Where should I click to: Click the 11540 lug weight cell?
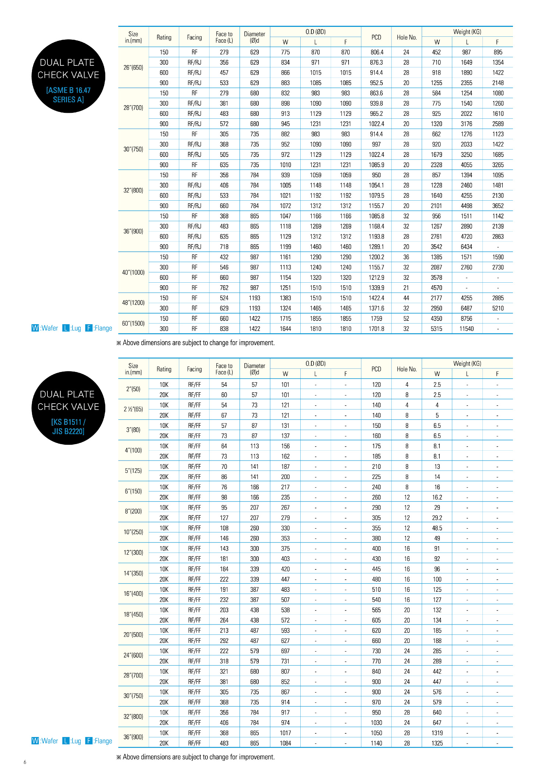[x=467, y=329]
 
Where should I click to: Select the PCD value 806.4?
[x=376, y=52]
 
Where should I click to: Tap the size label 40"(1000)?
[x=133, y=272]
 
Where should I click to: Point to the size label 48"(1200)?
[x=133, y=303]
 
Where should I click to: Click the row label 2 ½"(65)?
[x=133, y=409]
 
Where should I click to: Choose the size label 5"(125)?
[x=133, y=470]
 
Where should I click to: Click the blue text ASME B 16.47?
[x=68, y=90]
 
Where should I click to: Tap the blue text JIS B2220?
[x=68, y=431]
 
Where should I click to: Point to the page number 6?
[x=25, y=762]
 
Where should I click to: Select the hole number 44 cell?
[x=406, y=298]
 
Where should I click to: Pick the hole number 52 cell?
[x=406, y=319]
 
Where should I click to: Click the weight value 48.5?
[x=437, y=528]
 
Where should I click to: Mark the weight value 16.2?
[x=437, y=497]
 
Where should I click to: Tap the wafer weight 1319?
[x=437, y=733]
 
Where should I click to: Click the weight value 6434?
[x=467, y=247]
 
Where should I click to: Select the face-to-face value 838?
[x=224, y=329]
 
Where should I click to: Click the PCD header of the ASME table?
[x=376, y=37]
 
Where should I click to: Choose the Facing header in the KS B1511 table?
[x=194, y=369]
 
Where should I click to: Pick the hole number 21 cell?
[x=406, y=288]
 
